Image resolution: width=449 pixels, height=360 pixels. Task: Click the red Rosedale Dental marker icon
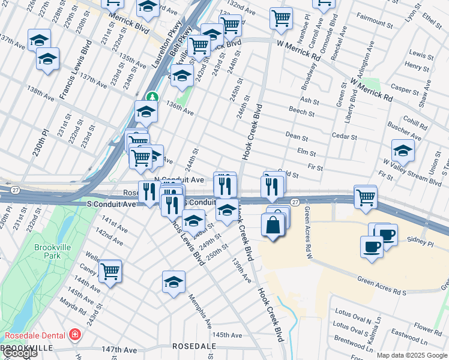[x=75, y=334]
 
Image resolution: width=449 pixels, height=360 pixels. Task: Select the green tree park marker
[x=153, y=96]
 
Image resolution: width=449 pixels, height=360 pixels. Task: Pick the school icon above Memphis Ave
[x=173, y=282]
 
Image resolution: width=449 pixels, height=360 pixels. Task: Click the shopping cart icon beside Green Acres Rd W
[x=365, y=196]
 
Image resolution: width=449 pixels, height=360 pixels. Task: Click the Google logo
[x=20, y=353]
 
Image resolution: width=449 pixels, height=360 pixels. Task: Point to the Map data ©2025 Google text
[x=412, y=355]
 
